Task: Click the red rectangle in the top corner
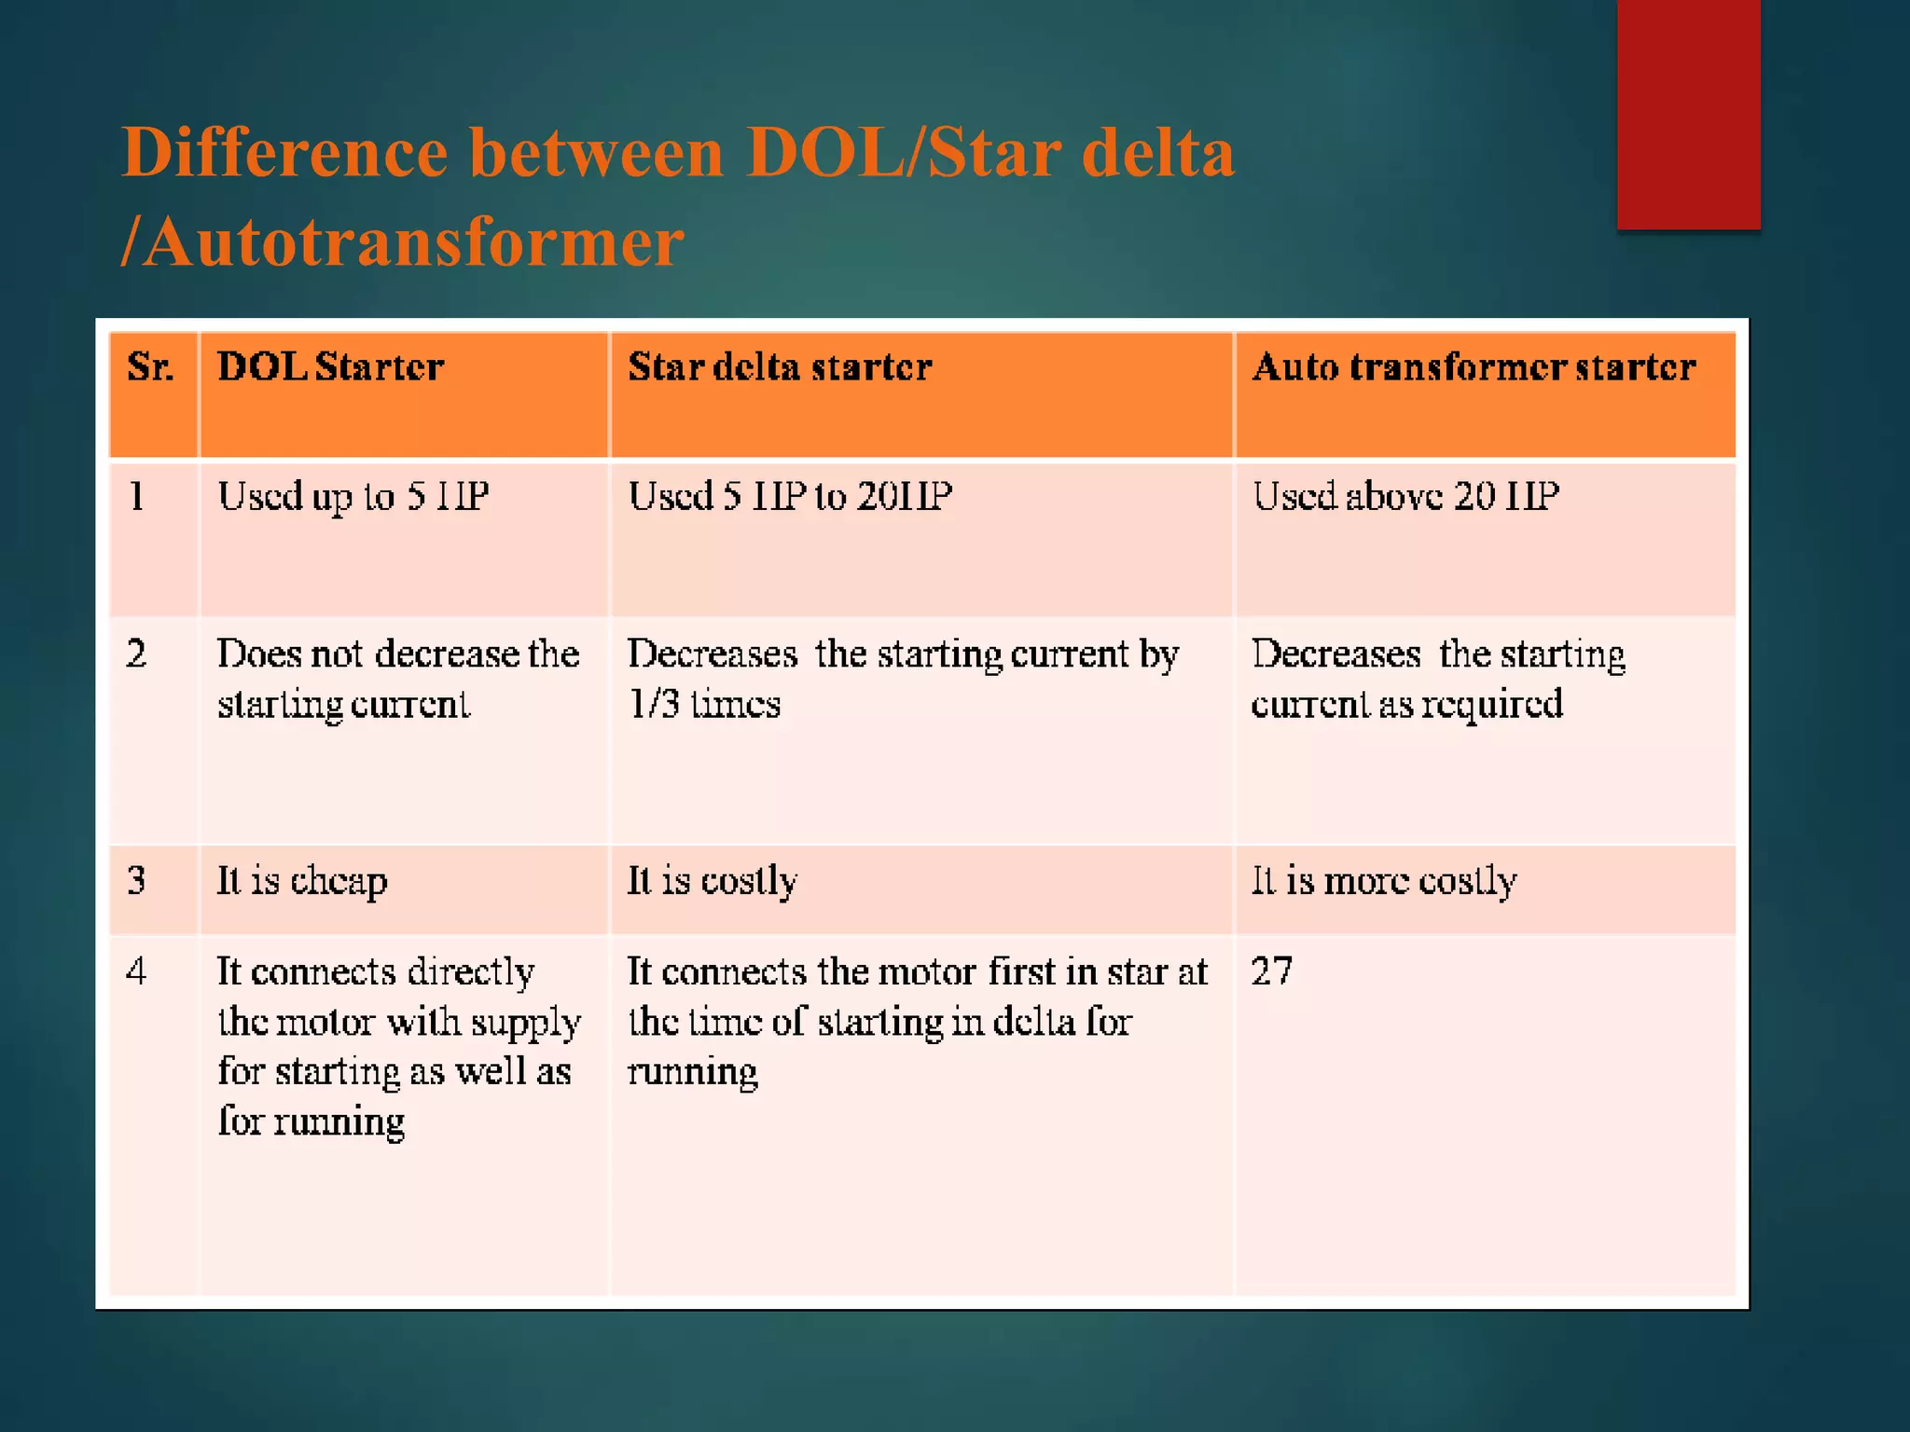click(x=1688, y=114)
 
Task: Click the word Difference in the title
click(x=284, y=153)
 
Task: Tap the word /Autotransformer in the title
click(x=403, y=242)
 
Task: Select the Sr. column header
click(x=150, y=367)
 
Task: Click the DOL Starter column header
click(x=330, y=367)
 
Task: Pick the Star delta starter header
click(x=780, y=367)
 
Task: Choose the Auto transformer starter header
click(x=1474, y=367)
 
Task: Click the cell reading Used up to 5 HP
click(x=353, y=496)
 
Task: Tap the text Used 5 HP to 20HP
click(x=790, y=496)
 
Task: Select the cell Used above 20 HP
click(x=1405, y=496)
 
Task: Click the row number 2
click(x=136, y=654)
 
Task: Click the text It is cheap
click(x=302, y=881)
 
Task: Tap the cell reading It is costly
click(x=712, y=881)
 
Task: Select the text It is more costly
click(x=1384, y=881)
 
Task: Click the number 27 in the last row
click(x=1271, y=971)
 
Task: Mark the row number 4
click(x=136, y=971)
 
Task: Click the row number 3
click(x=136, y=881)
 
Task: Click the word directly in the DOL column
click(x=471, y=972)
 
